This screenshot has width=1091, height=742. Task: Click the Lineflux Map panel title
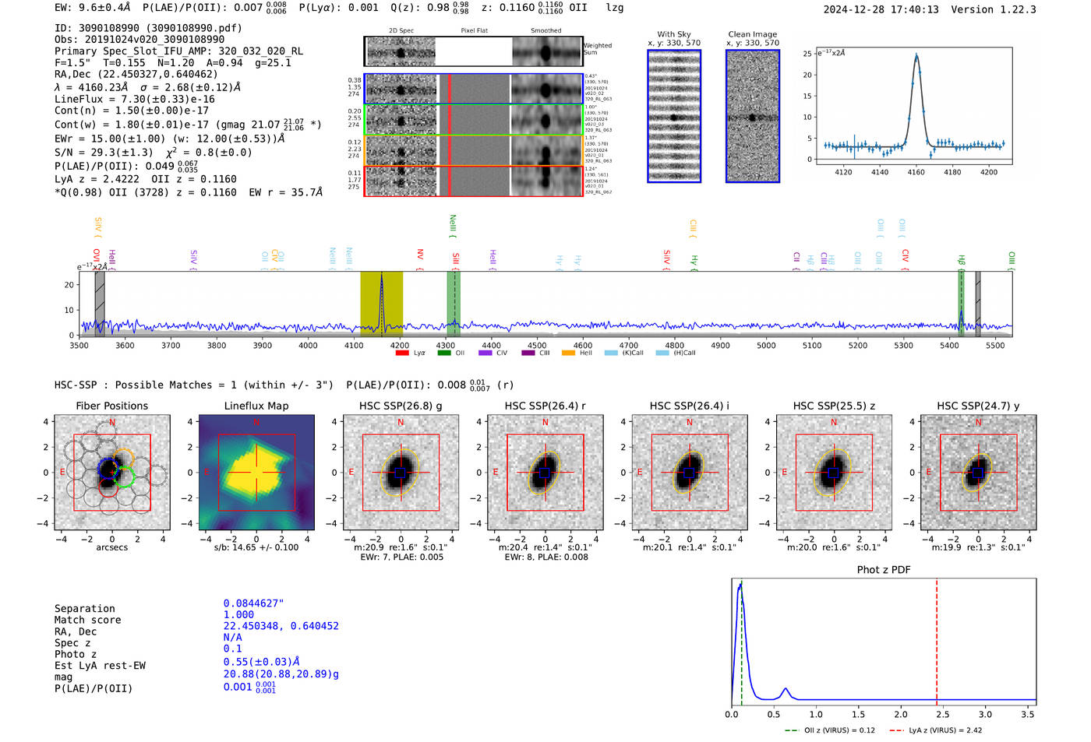point(256,406)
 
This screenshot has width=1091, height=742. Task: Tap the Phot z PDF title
point(884,570)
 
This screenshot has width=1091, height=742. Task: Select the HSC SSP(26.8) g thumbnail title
point(401,406)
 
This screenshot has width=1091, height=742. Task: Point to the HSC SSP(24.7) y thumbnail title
point(978,406)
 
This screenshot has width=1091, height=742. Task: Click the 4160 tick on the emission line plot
point(916,171)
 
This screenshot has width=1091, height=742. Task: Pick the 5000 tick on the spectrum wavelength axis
point(766,346)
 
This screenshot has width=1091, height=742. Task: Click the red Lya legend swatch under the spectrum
point(402,353)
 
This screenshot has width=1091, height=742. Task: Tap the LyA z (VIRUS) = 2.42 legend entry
point(937,730)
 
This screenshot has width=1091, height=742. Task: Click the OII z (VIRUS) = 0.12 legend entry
point(831,730)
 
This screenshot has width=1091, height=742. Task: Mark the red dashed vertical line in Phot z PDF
point(937,638)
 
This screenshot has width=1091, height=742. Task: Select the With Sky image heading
point(674,34)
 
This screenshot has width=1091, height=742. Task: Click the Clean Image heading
point(752,34)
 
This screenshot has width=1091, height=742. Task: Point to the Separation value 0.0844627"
point(253,603)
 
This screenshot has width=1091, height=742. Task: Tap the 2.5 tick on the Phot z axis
point(943,714)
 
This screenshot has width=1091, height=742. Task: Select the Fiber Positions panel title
point(111,406)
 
